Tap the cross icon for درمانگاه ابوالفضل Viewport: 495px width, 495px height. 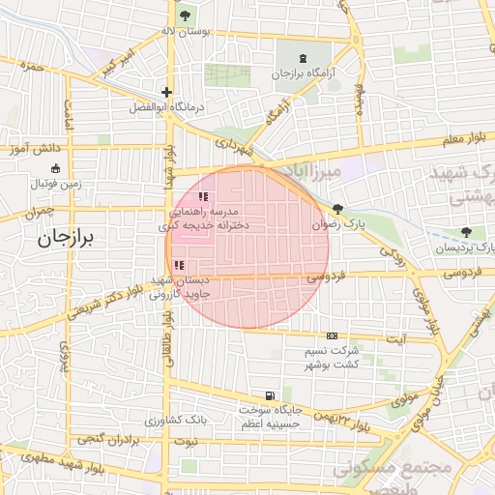click(x=167, y=94)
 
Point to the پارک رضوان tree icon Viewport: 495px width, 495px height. click(x=337, y=209)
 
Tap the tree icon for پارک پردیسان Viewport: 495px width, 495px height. click(x=467, y=232)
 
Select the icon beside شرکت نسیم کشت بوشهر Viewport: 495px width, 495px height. click(x=333, y=335)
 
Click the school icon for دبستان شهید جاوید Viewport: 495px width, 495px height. click(x=178, y=265)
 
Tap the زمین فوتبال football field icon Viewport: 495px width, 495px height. click(x=55, y=167)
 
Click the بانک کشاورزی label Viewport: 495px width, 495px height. click(x=177, y=422)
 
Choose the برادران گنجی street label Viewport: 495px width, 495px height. click(x=106, y=440)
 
